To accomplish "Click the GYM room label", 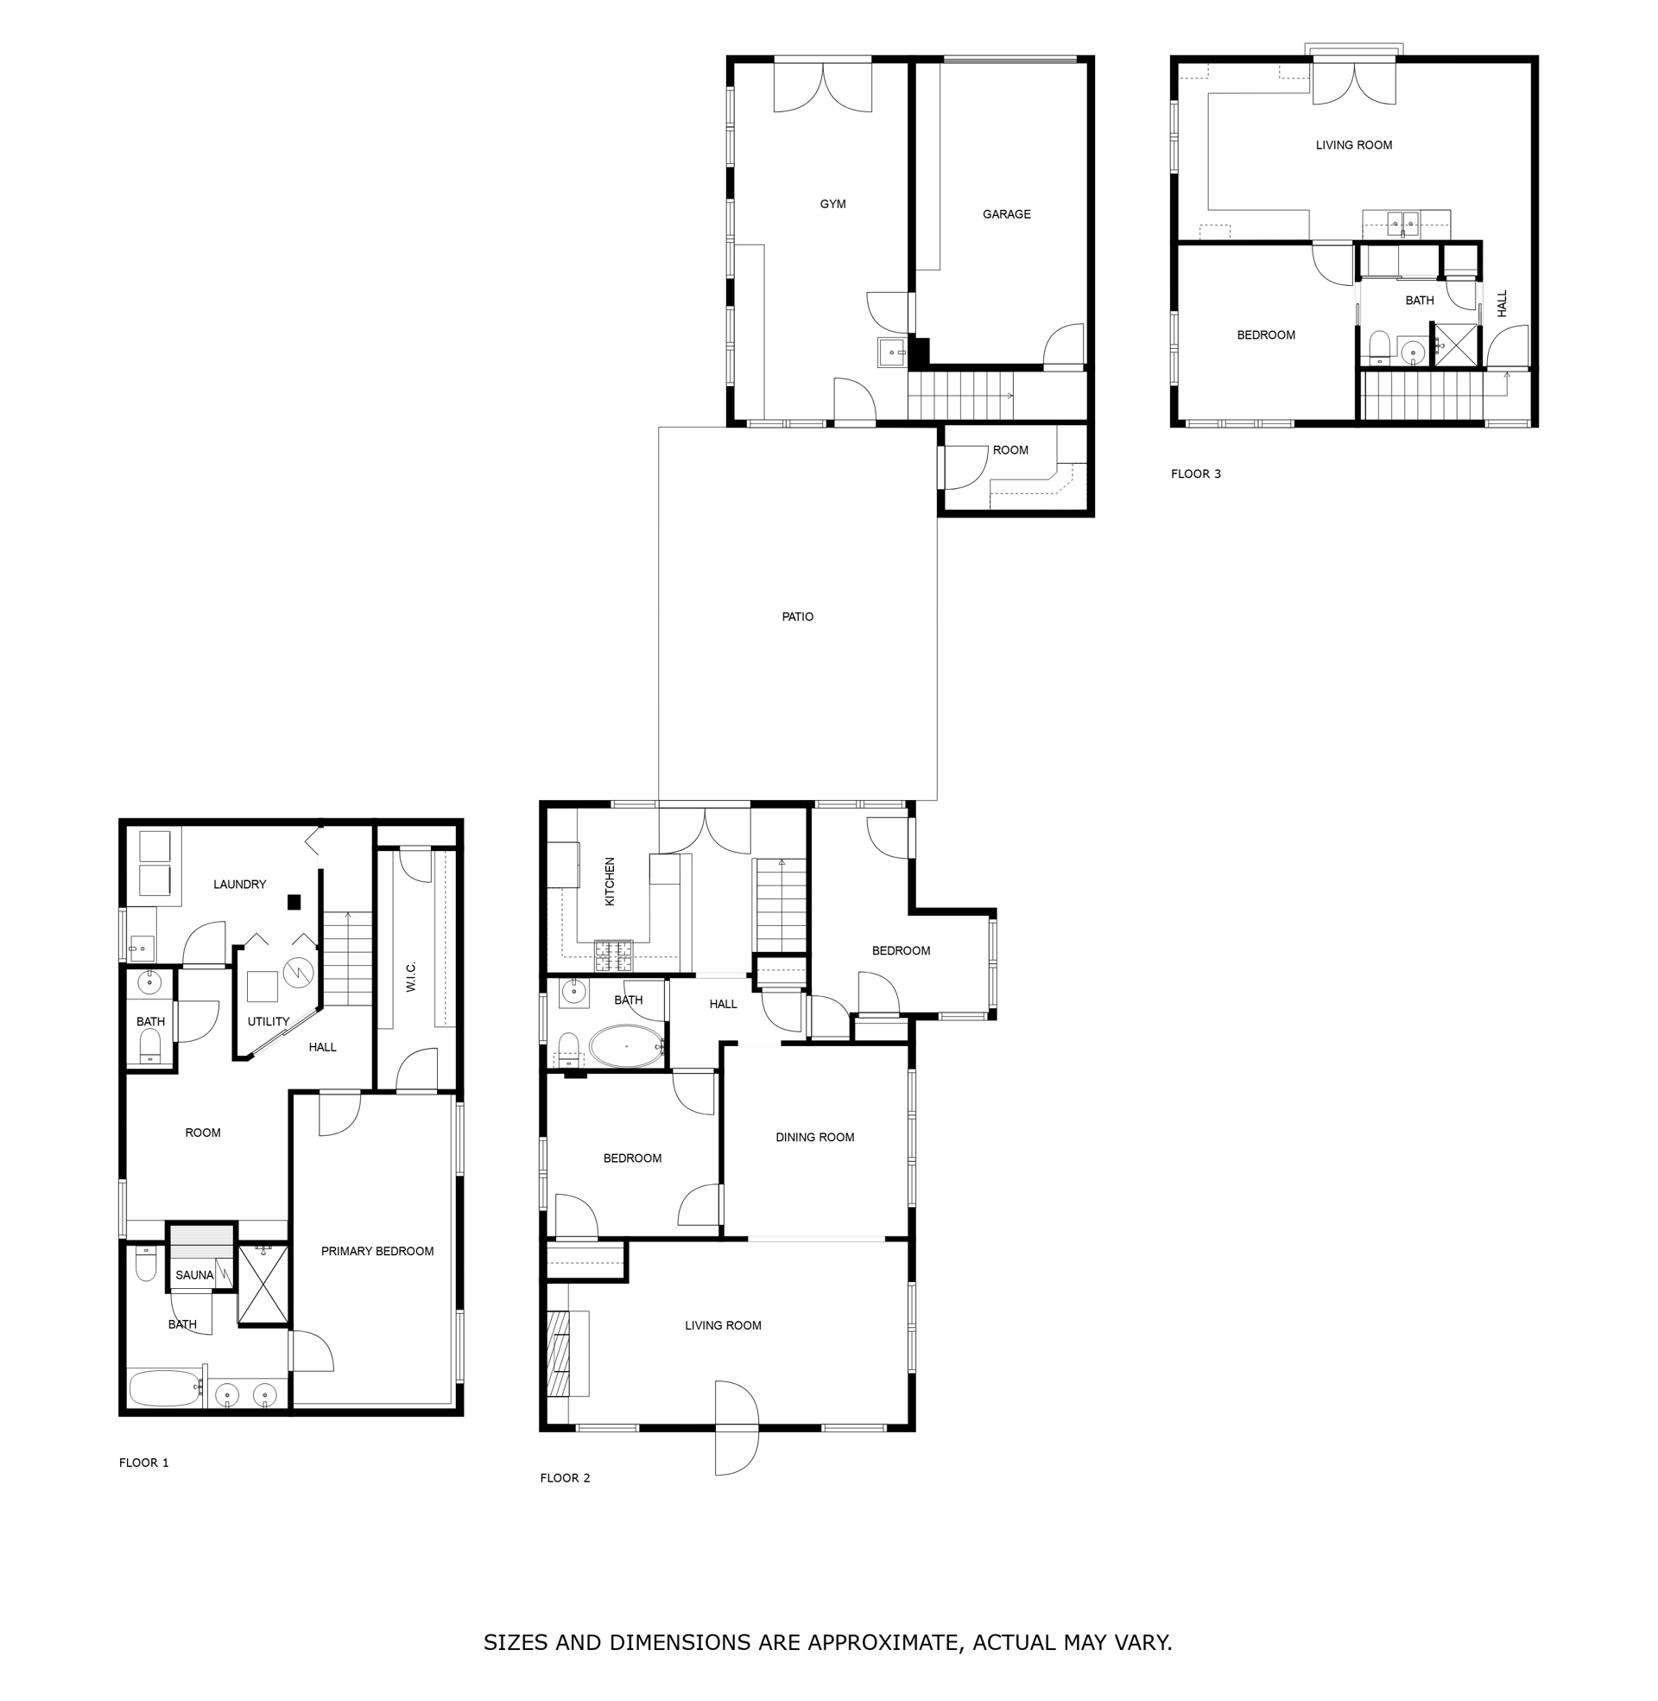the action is pos(832,204).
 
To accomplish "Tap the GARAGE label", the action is pos(1006,214).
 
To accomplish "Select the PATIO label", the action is pos(797,617).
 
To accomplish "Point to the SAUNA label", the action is pos(194,1275).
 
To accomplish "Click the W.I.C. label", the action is pos(411,976).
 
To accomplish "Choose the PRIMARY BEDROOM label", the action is pos(377,1251).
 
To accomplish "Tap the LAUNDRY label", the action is pos(239,884).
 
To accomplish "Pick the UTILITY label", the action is pos(269,1022).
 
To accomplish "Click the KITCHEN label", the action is pos(610,881).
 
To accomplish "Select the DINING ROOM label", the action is pos(814,1137).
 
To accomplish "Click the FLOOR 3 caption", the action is pos(1196,473).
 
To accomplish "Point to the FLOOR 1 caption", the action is pos(143,1463).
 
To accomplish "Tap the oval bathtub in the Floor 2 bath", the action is pos(626,1046).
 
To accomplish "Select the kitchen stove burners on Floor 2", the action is pos(613,955).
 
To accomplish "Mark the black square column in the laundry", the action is pos(294,902).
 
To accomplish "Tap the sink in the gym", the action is pos(892,352).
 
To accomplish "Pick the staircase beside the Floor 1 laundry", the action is pos(347,958).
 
